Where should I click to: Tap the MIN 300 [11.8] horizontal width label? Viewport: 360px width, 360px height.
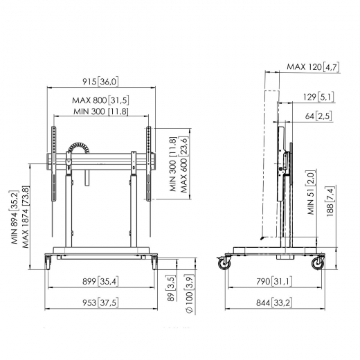[x=100, y=112]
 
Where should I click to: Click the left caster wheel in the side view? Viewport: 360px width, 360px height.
[x=224, y=264]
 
